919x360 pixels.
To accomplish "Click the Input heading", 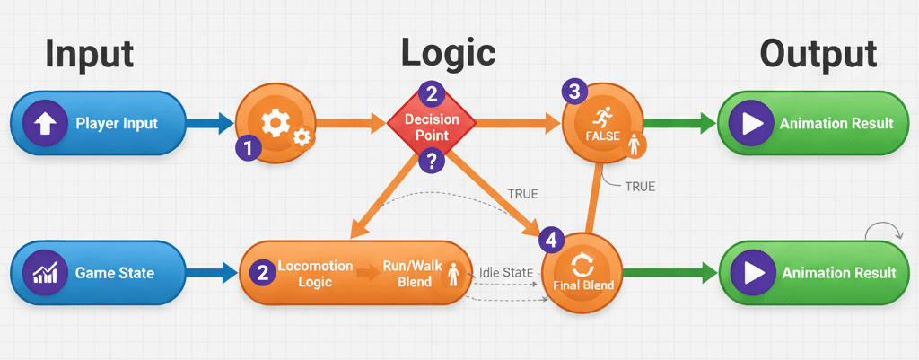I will click(x=89, y=54).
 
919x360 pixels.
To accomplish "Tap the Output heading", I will click(x=818, y=54).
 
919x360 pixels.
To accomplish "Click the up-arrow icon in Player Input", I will click(x=44, y=123).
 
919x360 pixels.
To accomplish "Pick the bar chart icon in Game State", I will click(x=44, y=273).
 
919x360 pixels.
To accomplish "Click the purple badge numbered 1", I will click(x=248, y=149).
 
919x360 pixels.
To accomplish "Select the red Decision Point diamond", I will click(x=432, y=127).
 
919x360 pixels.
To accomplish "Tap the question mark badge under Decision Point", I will click(x=432, y=162).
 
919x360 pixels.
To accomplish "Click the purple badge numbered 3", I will click(x=574, y=92).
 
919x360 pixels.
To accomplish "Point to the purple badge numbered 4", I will click(x=552, y=240).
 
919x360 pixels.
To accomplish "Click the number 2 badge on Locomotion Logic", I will click(x=261, y=273).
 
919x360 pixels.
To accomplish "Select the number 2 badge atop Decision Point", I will click(x=432, y=93).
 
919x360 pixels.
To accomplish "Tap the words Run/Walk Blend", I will click(x=407, y=274).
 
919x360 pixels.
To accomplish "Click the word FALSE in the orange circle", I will click(x=601, y=135).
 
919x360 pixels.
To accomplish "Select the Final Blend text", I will click(x=584, y=286).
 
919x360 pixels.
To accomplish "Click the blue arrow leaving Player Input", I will click(x=211, y=123).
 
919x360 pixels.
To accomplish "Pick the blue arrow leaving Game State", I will click(x=211, y=273).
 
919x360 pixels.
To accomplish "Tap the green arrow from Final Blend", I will click(x=669, y=273).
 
